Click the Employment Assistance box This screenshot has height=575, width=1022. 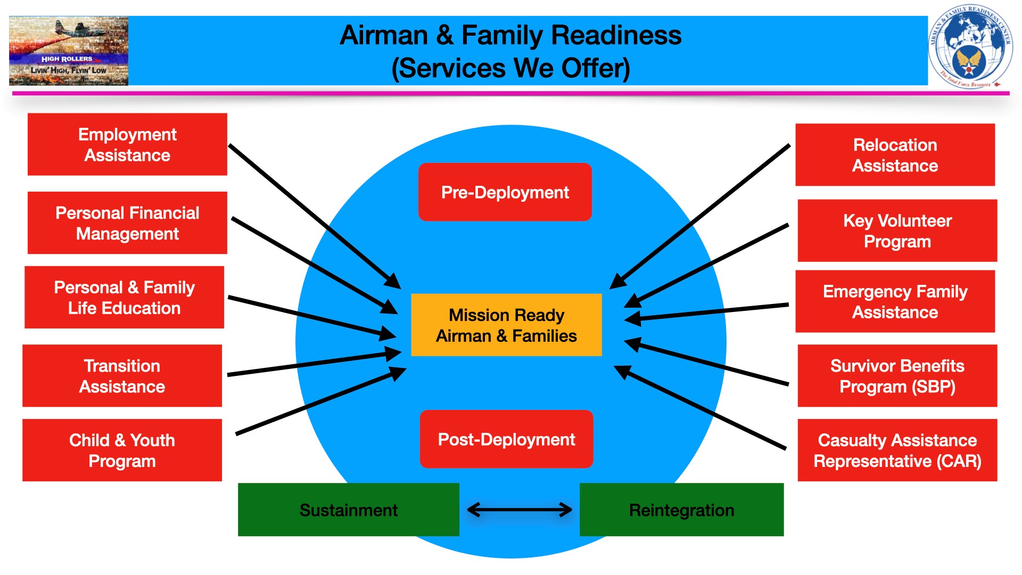pos(127,144)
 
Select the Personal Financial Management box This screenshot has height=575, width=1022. pos(127,223)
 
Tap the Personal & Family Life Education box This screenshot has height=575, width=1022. pos(124,298)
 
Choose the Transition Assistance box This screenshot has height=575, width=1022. pos(122,376)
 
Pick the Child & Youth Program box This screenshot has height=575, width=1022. pos(122,450)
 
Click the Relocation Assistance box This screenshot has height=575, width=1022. pos(895,155)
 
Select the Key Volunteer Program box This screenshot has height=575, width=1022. pos(897,231)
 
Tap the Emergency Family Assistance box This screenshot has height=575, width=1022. pos(895,301)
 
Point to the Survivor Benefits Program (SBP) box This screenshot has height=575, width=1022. pos(897,376)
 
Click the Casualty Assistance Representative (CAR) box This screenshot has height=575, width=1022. pos(897,450)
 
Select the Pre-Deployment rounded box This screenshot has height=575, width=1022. pos(505,192)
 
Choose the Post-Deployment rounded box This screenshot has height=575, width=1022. pos(506,439)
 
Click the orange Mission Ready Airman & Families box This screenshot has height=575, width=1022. pos(506,325)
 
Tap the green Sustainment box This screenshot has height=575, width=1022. pos(348,510)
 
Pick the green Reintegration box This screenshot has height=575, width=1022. pos(681,510)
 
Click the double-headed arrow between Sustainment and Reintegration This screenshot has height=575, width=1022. pos(519,510)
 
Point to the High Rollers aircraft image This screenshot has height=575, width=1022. pos(69,51)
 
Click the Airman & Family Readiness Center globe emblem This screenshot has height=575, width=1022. pos(970,47)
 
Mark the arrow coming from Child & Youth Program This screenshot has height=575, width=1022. pos(319,402)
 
